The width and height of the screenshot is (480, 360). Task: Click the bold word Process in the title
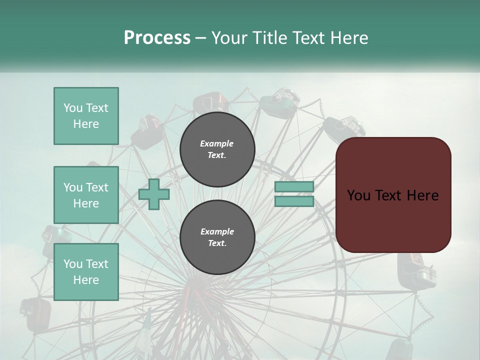(x=157, y=37)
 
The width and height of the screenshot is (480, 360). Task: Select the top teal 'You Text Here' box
(x=86, y=116)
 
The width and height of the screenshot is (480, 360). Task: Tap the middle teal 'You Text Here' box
(x=86, y=195)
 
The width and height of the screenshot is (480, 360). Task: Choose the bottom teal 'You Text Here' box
(x=86, y=272)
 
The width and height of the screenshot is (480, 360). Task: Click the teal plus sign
(x=154, y=194)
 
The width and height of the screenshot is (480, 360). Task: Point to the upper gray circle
(x=217, y=149)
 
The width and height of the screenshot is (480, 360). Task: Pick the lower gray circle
(x=217, y=237)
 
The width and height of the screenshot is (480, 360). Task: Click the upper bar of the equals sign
(x=294, y=187)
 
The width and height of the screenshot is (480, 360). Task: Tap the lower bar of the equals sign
(x=294, y=201)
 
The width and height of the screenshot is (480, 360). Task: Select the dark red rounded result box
(x=393, y=195)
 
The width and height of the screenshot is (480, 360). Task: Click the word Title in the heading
(x=269, y=38)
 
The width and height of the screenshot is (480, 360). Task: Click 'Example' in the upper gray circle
(x=217, y=143)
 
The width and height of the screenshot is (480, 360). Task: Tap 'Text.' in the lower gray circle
(x=217, y=243)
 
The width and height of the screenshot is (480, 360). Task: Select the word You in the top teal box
(x=73, y=108)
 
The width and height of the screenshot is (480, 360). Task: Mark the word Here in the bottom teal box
(x=86, y=280)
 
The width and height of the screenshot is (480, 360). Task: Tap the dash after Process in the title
(x=201, y=38)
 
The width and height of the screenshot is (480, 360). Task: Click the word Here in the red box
(x=422, y=195)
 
